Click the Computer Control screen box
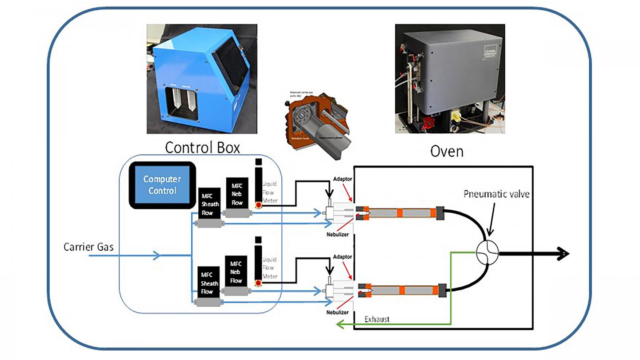point(162,185)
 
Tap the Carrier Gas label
point(88,247)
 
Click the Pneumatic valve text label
point(496,194)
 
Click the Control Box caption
point(202,147)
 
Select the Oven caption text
point(447,151)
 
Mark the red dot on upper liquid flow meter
point(258,205)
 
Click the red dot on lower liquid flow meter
point(258,283)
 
